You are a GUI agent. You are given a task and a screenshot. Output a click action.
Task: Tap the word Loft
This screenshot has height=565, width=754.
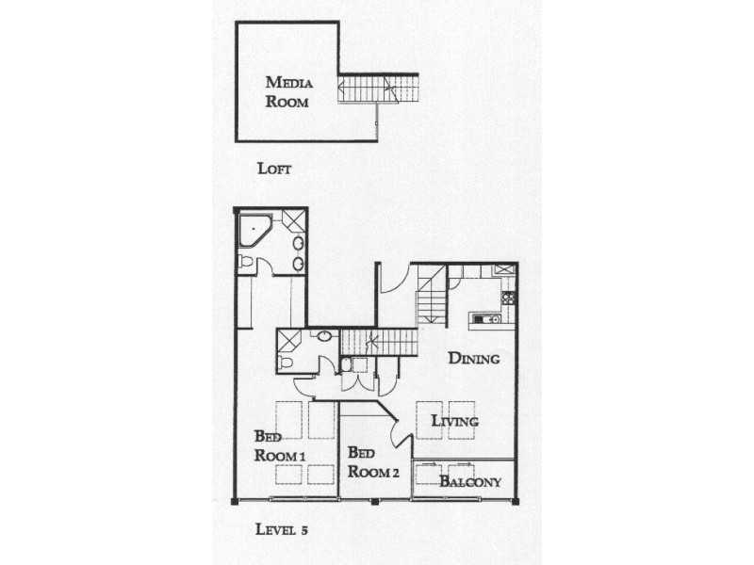(x=274, y=169)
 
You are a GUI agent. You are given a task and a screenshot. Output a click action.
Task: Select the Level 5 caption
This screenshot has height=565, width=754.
(x=282, y=529)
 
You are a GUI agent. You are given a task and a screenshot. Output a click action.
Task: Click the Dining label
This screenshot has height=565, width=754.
(x=473, y=358)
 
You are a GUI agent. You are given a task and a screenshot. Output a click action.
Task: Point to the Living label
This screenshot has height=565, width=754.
(x=455, y=421)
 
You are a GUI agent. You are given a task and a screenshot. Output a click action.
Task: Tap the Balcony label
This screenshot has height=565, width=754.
(x=470, y=482)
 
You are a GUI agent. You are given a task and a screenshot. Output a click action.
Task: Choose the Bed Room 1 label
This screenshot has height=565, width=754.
(x=280, y=445)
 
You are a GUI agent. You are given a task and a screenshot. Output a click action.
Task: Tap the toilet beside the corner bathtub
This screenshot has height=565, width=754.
(x=246, y=261)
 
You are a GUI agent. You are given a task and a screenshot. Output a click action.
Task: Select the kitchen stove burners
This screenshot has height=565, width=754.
(x=508, y=298)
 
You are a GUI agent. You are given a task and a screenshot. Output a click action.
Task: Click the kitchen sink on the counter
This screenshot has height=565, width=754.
(x=488, y=319)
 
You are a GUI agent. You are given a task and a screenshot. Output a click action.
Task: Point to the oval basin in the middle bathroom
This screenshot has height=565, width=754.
(x=323, y=336)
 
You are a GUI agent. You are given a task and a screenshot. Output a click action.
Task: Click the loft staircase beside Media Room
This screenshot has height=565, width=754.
(x=377, y=89)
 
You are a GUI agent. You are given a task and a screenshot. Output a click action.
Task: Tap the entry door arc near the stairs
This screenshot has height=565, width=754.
(x=395, y=280)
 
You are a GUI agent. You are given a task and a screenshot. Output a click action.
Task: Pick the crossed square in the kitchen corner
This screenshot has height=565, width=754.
(x=504, y=269)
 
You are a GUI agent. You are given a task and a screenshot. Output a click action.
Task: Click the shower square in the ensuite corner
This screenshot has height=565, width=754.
(x=293, y=221)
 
